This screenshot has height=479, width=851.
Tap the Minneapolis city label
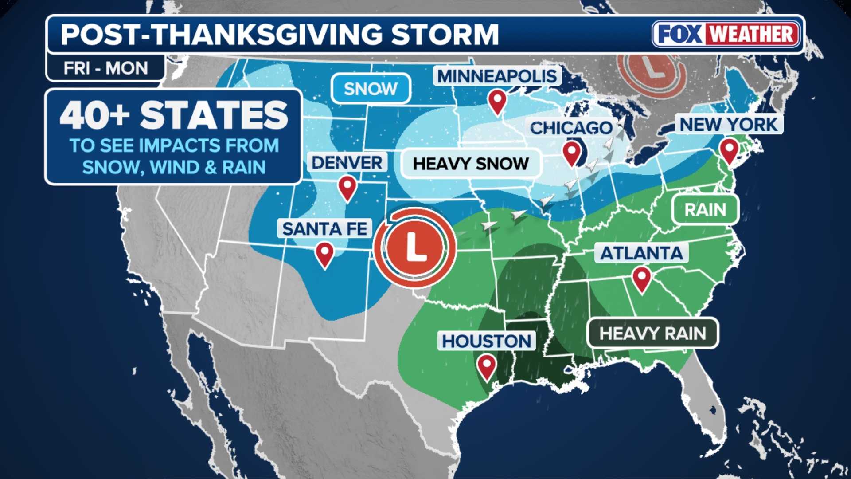click(497, 76)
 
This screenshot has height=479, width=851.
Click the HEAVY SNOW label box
click(471, 164)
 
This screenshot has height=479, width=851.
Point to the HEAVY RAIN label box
click(652, 333)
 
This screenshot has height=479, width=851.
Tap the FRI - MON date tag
click(105, 68)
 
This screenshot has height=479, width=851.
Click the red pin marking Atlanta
click(641, 278)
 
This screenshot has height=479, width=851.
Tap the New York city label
click(729, 125)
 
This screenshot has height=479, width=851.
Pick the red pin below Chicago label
click(572, 152)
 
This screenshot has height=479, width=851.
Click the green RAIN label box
click(705, 210)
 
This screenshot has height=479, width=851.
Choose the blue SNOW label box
click(371, 89)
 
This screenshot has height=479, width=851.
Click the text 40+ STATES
click(174, 115)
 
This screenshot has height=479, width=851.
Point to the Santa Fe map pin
click(324, 254)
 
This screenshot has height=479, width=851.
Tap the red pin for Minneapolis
click(497, 101)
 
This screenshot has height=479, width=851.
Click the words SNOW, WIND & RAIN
click(174, 168)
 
